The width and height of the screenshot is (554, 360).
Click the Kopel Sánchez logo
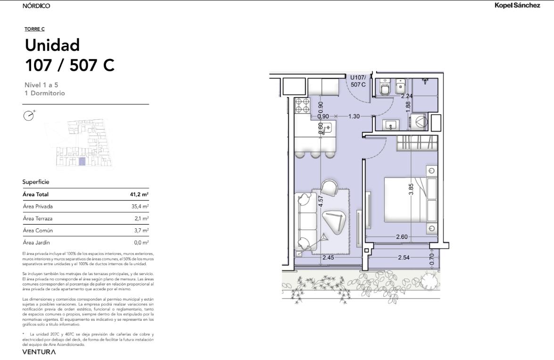[517, 5]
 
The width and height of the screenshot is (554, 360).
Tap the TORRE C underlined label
[34, 29]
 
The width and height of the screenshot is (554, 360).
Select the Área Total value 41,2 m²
[139, 194]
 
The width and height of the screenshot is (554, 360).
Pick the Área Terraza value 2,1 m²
[141, 218]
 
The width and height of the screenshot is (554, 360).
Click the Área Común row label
[38, 230]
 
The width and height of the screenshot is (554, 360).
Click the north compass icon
[29, 115]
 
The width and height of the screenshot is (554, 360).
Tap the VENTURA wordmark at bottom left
[39, 352]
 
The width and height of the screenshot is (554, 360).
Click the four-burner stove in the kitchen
[302, 106]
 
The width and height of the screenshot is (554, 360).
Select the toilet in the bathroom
[384, 87]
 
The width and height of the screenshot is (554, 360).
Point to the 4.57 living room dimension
[321, 201]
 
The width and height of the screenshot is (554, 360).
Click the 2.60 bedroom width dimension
[402, 236]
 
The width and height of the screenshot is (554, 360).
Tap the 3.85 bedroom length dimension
[411, 189]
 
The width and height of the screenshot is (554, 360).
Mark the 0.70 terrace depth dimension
[431, 259]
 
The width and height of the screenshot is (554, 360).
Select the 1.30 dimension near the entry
[354, 116]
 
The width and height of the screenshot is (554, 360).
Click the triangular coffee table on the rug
[333, 222]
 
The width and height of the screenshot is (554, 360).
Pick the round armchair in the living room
[329, 188]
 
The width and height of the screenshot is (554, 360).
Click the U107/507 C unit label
[358, 81]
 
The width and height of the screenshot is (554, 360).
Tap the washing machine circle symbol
[421, 122]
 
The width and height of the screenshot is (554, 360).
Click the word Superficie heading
[36, 182]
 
